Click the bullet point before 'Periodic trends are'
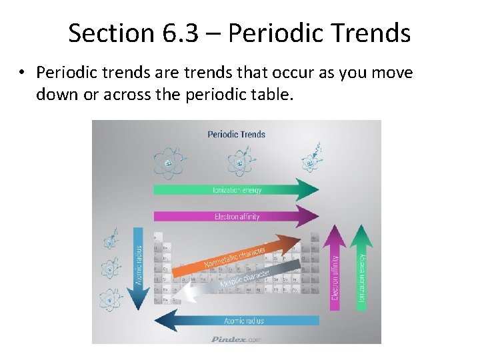tap(23, 73)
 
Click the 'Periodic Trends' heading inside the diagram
tap(236, 134)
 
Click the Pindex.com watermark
tap(236, 339)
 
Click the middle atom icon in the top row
tap(238, 162)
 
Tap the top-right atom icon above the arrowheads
tap(310, 160)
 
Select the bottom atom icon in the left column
tap(109, 299)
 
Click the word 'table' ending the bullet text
tap(273, 95)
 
